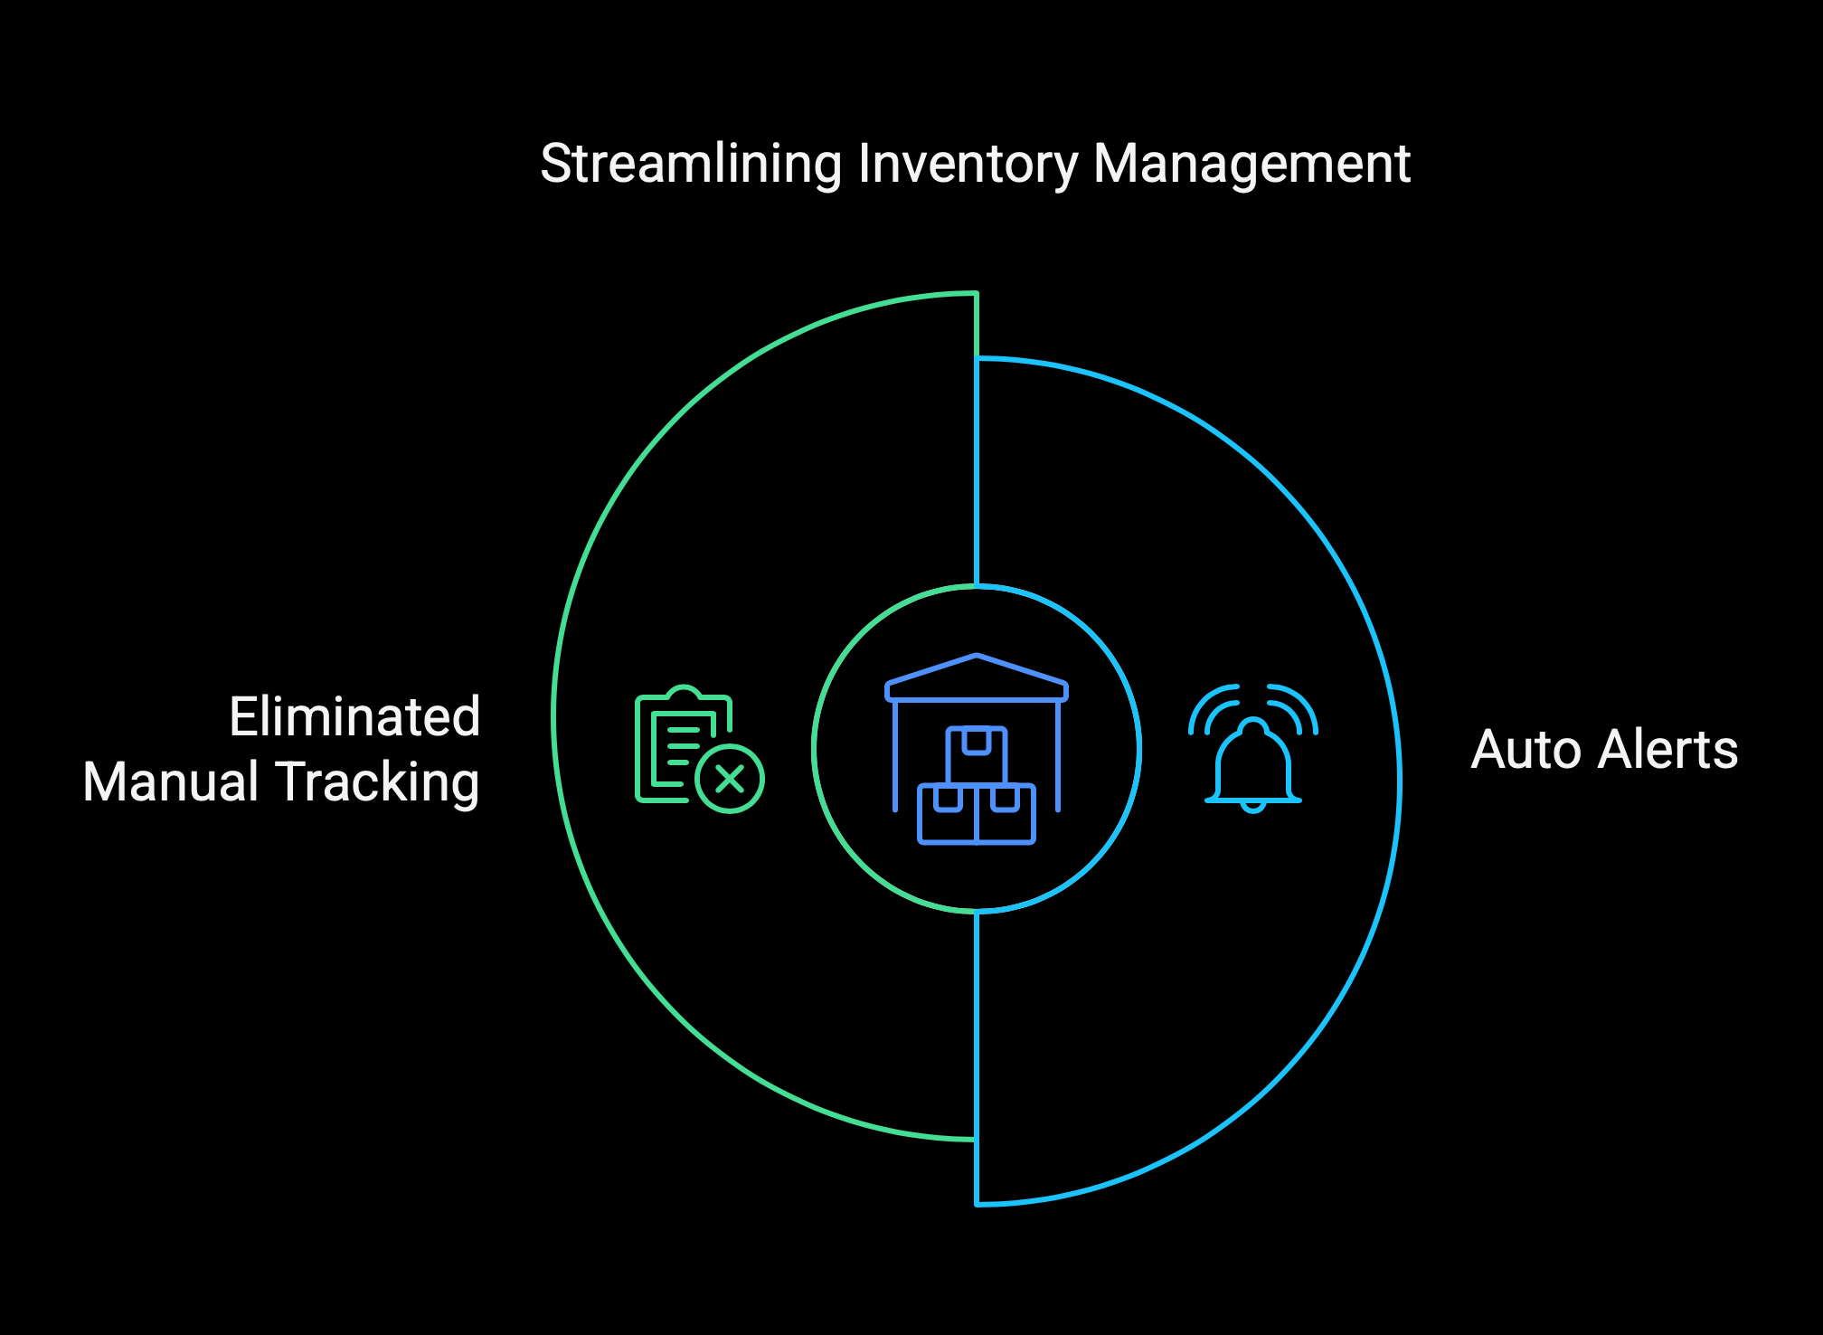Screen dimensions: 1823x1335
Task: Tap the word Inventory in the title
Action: click(x=968, y=165)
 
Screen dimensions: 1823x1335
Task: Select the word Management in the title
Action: click(x=1252, y=165)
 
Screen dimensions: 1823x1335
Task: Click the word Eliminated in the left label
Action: click(x=354, y=716)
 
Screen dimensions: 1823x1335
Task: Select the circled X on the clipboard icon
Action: click(x=730, y=779)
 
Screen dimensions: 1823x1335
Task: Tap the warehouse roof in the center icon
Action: click(x=977, y=677)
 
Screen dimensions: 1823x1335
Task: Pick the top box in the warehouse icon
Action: click(x=977, y=755)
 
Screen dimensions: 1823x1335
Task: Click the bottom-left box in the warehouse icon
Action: click(x=948, y=814)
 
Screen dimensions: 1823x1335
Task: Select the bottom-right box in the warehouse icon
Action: click(x=1006, y=814)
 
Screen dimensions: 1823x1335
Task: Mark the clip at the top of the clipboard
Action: click(x=685, y=693)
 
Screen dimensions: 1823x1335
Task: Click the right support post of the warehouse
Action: click(x=1058, y=756)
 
